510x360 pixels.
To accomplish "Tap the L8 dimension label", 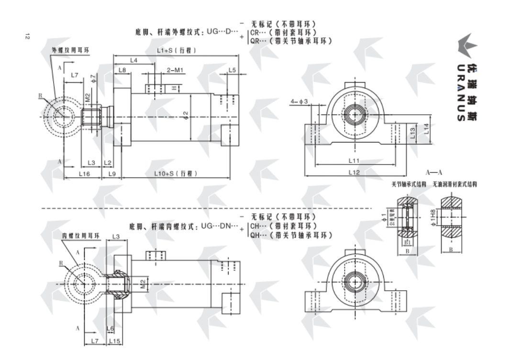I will coord(122,70).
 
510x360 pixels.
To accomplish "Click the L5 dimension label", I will coord(232,70).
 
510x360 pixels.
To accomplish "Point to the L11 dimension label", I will coord(354,160).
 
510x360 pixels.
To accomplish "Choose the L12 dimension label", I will coord(354,172).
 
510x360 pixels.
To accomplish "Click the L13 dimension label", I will coord(413,132).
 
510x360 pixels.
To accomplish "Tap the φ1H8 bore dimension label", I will coord(433,217).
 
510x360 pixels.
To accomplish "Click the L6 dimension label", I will coord(110,328).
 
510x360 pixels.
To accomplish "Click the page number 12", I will coord(27,36).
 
